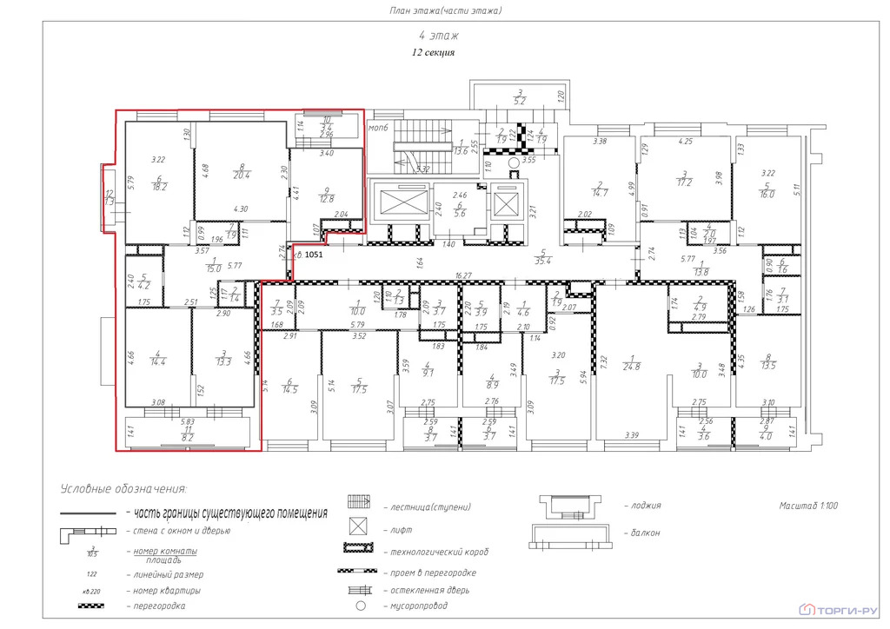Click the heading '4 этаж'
coord(439,36)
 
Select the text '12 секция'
coord(433,53)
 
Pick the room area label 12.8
coord(327,199)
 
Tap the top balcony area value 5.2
coord(519,102)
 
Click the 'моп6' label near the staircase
coord(377,128)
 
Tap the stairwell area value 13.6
coord(461,151)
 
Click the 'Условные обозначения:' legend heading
coord(123,490)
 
